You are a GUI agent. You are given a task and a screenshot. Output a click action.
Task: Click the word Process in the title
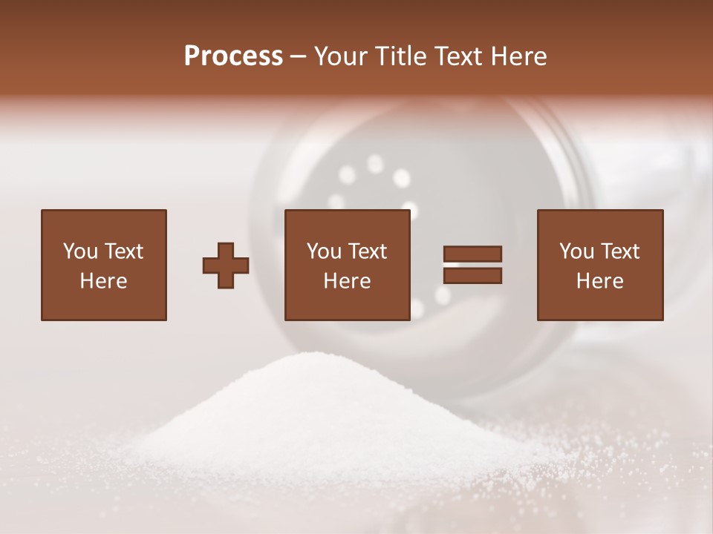233,56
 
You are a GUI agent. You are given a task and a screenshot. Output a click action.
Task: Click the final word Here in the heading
518,56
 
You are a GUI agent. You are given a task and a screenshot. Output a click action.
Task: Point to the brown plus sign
226,266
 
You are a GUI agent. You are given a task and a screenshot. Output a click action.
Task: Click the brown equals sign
472,265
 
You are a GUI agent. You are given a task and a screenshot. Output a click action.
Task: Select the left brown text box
104,265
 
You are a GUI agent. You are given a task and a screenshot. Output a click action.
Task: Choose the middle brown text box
348,265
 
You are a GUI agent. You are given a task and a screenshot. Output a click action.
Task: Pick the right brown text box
600,265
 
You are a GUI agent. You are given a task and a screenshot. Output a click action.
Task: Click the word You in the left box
80,251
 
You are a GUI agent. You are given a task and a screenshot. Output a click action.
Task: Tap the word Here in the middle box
348,281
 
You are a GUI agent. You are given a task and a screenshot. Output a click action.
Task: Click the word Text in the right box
620,251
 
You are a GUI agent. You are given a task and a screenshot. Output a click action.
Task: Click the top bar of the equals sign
472,254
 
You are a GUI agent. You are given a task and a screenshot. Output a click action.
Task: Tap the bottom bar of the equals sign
472,276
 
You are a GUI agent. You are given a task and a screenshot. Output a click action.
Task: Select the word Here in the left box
104,281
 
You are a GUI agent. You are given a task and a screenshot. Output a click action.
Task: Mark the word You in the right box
576,251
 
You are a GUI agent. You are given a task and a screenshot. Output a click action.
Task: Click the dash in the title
299,56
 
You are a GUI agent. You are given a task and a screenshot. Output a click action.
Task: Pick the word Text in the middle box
368,251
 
